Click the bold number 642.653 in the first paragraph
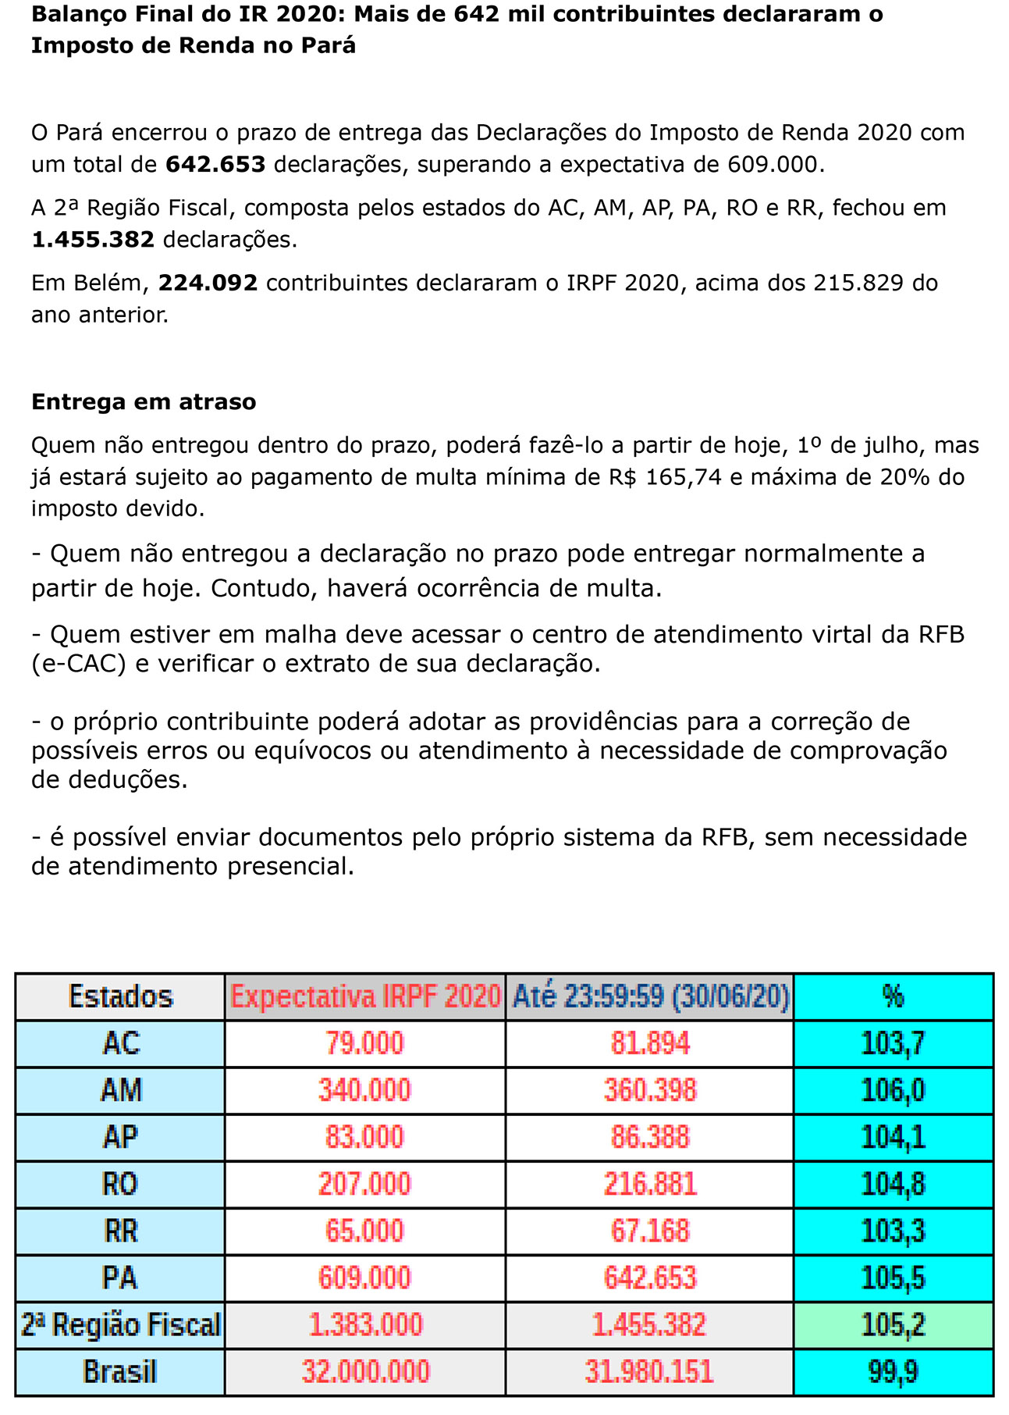tap(215, 165)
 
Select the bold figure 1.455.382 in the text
tap(93, 240)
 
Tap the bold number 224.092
tap(208, 283)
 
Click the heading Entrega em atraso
tap(144, 402)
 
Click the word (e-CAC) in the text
tap(79, 664)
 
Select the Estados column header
tap(120, 997)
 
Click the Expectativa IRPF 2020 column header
tap(365, 997)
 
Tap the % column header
tap(893, 997)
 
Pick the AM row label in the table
tap(120, 1090)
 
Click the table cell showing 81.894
tap(649, 1044)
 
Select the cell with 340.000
tap(364, 1090)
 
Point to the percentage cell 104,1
tap(893, 1137)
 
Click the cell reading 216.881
tap(649, 1184)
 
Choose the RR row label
tap(120, 1231)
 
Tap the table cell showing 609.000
tap(364, 1278)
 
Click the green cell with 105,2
tap(893, 1325)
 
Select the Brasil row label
tap(120, 1372)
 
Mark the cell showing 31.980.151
tap(649, 1372)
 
